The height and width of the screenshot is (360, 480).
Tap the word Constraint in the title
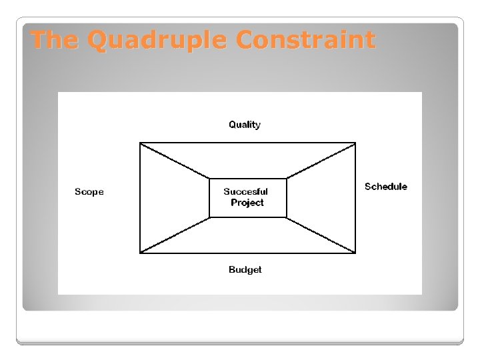pyautogui.click(x=305, y=41)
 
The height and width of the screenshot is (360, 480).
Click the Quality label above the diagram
pyautogui.click(x=245, y=125)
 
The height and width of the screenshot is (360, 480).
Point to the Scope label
pyautogui.click(x=89, y=192)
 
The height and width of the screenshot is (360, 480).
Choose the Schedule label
pyautogui.click(x=385, y=187)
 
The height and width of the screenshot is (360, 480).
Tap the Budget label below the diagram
pyautogui.click(x=245, y=270)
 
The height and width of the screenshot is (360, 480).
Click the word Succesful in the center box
pyautogui.click(x=246, y=192)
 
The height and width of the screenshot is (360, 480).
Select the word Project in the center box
pyautogui.click(x=247, y=203)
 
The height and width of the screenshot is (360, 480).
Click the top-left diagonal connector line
pyautogui.click(x=175, y=161)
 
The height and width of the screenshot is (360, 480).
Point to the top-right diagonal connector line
pyautogui.click(x=321, y=161)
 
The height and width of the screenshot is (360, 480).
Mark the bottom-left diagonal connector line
pyautogui.click(x=175, y=235)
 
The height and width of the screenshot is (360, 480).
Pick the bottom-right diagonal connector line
pyautogui.click(x=321, y=235)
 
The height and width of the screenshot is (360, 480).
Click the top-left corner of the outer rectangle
pyautogui.click(x=140, y=143)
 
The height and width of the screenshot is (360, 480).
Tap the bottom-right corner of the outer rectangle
pyautogui.click(x=355, y=253)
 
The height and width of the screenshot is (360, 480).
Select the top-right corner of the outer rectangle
pyautogui.click(x=355, y=143)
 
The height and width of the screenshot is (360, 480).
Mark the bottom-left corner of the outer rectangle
pyautogui.click(x=140, y=253)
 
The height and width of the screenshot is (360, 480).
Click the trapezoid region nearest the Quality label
pyautogui.click(x=247, y=160)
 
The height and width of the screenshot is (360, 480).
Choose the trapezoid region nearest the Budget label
pyautogui.click(x=247, y=236)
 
